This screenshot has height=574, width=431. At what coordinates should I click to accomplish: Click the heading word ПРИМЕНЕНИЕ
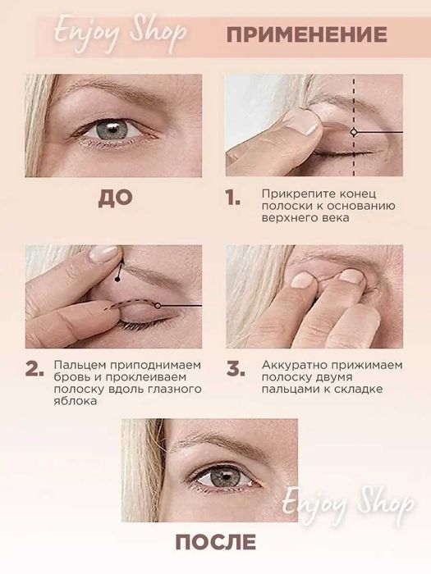307,34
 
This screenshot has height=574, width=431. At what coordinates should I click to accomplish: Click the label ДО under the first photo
115,198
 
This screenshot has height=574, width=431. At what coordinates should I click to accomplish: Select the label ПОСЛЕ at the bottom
216,542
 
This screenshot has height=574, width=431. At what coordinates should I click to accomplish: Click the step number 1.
233,198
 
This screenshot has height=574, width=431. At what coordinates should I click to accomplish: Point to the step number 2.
34,368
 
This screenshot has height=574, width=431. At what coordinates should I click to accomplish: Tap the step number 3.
236,368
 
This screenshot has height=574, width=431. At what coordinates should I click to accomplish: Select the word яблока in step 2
76,400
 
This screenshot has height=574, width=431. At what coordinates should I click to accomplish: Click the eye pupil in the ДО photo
112,129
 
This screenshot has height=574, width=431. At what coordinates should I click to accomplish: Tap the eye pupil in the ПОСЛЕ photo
223,476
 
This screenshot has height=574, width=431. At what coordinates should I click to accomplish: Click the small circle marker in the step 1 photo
354,132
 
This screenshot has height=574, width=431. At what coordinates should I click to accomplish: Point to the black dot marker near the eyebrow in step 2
117,280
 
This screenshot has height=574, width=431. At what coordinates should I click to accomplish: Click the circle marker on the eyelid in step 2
158,305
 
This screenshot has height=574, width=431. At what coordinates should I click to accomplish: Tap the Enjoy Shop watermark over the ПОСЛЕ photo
348,503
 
